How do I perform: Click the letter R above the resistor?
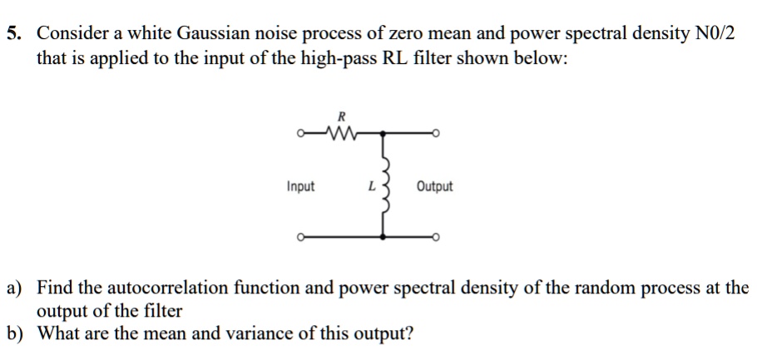coord(339,116)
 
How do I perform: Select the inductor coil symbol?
coord(383,187)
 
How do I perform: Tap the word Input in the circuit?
coord(300,186)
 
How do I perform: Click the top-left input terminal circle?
coord(300,131)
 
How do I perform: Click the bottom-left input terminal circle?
coord(300,239)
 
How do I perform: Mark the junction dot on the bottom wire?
coord(383,239)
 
